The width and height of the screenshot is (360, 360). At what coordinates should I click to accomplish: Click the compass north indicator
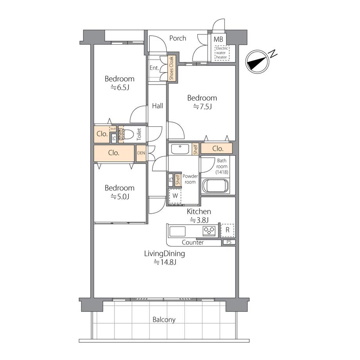click(x=257, y=61)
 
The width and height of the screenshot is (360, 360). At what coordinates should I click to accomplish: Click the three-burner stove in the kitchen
click(x=209, y=230)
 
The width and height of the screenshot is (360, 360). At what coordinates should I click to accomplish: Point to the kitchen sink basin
click(x=177, y=231)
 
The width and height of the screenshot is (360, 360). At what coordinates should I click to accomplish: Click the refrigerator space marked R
click(x=227, y=230)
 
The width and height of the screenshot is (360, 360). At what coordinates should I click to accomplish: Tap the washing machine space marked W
click(x=175, y=196)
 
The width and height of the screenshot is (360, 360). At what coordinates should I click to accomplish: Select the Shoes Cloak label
click(x=171, y=68)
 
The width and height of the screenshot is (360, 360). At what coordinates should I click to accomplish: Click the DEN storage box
click(x=141, y=153)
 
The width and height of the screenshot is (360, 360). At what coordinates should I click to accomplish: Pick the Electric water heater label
click(x=222, y=53)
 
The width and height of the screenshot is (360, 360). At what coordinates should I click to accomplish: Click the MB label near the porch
click(x=218, y=40)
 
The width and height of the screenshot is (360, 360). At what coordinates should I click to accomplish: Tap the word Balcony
click(x=164, y=320)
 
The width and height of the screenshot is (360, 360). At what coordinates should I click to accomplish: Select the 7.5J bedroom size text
click(x=202, y=107)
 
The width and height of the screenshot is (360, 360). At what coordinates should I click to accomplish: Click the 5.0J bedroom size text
click(x=120, y=197)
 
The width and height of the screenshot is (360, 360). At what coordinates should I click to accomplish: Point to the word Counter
click(x=193, y=243)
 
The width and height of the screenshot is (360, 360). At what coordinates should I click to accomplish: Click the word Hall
click(x=157, y=106)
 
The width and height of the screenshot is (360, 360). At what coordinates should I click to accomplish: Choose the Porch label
click(x=178, y=38)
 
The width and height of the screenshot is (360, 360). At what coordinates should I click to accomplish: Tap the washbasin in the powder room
click(x=180, y=149)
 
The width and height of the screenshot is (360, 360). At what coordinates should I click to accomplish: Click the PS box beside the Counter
click(x=229, y=242)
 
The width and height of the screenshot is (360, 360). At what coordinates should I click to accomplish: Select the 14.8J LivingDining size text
click(x=165, y=262)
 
